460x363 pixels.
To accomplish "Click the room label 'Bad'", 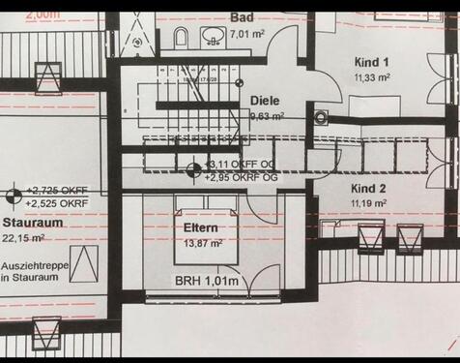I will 244,17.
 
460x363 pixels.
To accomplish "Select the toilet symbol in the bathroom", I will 181,38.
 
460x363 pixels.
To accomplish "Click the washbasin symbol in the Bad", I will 214,37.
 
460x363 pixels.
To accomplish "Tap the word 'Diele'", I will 265,101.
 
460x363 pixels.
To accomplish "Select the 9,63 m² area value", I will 267,115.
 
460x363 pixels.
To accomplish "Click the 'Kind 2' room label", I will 369,189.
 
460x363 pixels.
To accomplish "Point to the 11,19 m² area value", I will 369,204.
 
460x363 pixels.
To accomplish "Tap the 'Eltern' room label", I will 200,228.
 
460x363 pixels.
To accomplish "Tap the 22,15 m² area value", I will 26,237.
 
